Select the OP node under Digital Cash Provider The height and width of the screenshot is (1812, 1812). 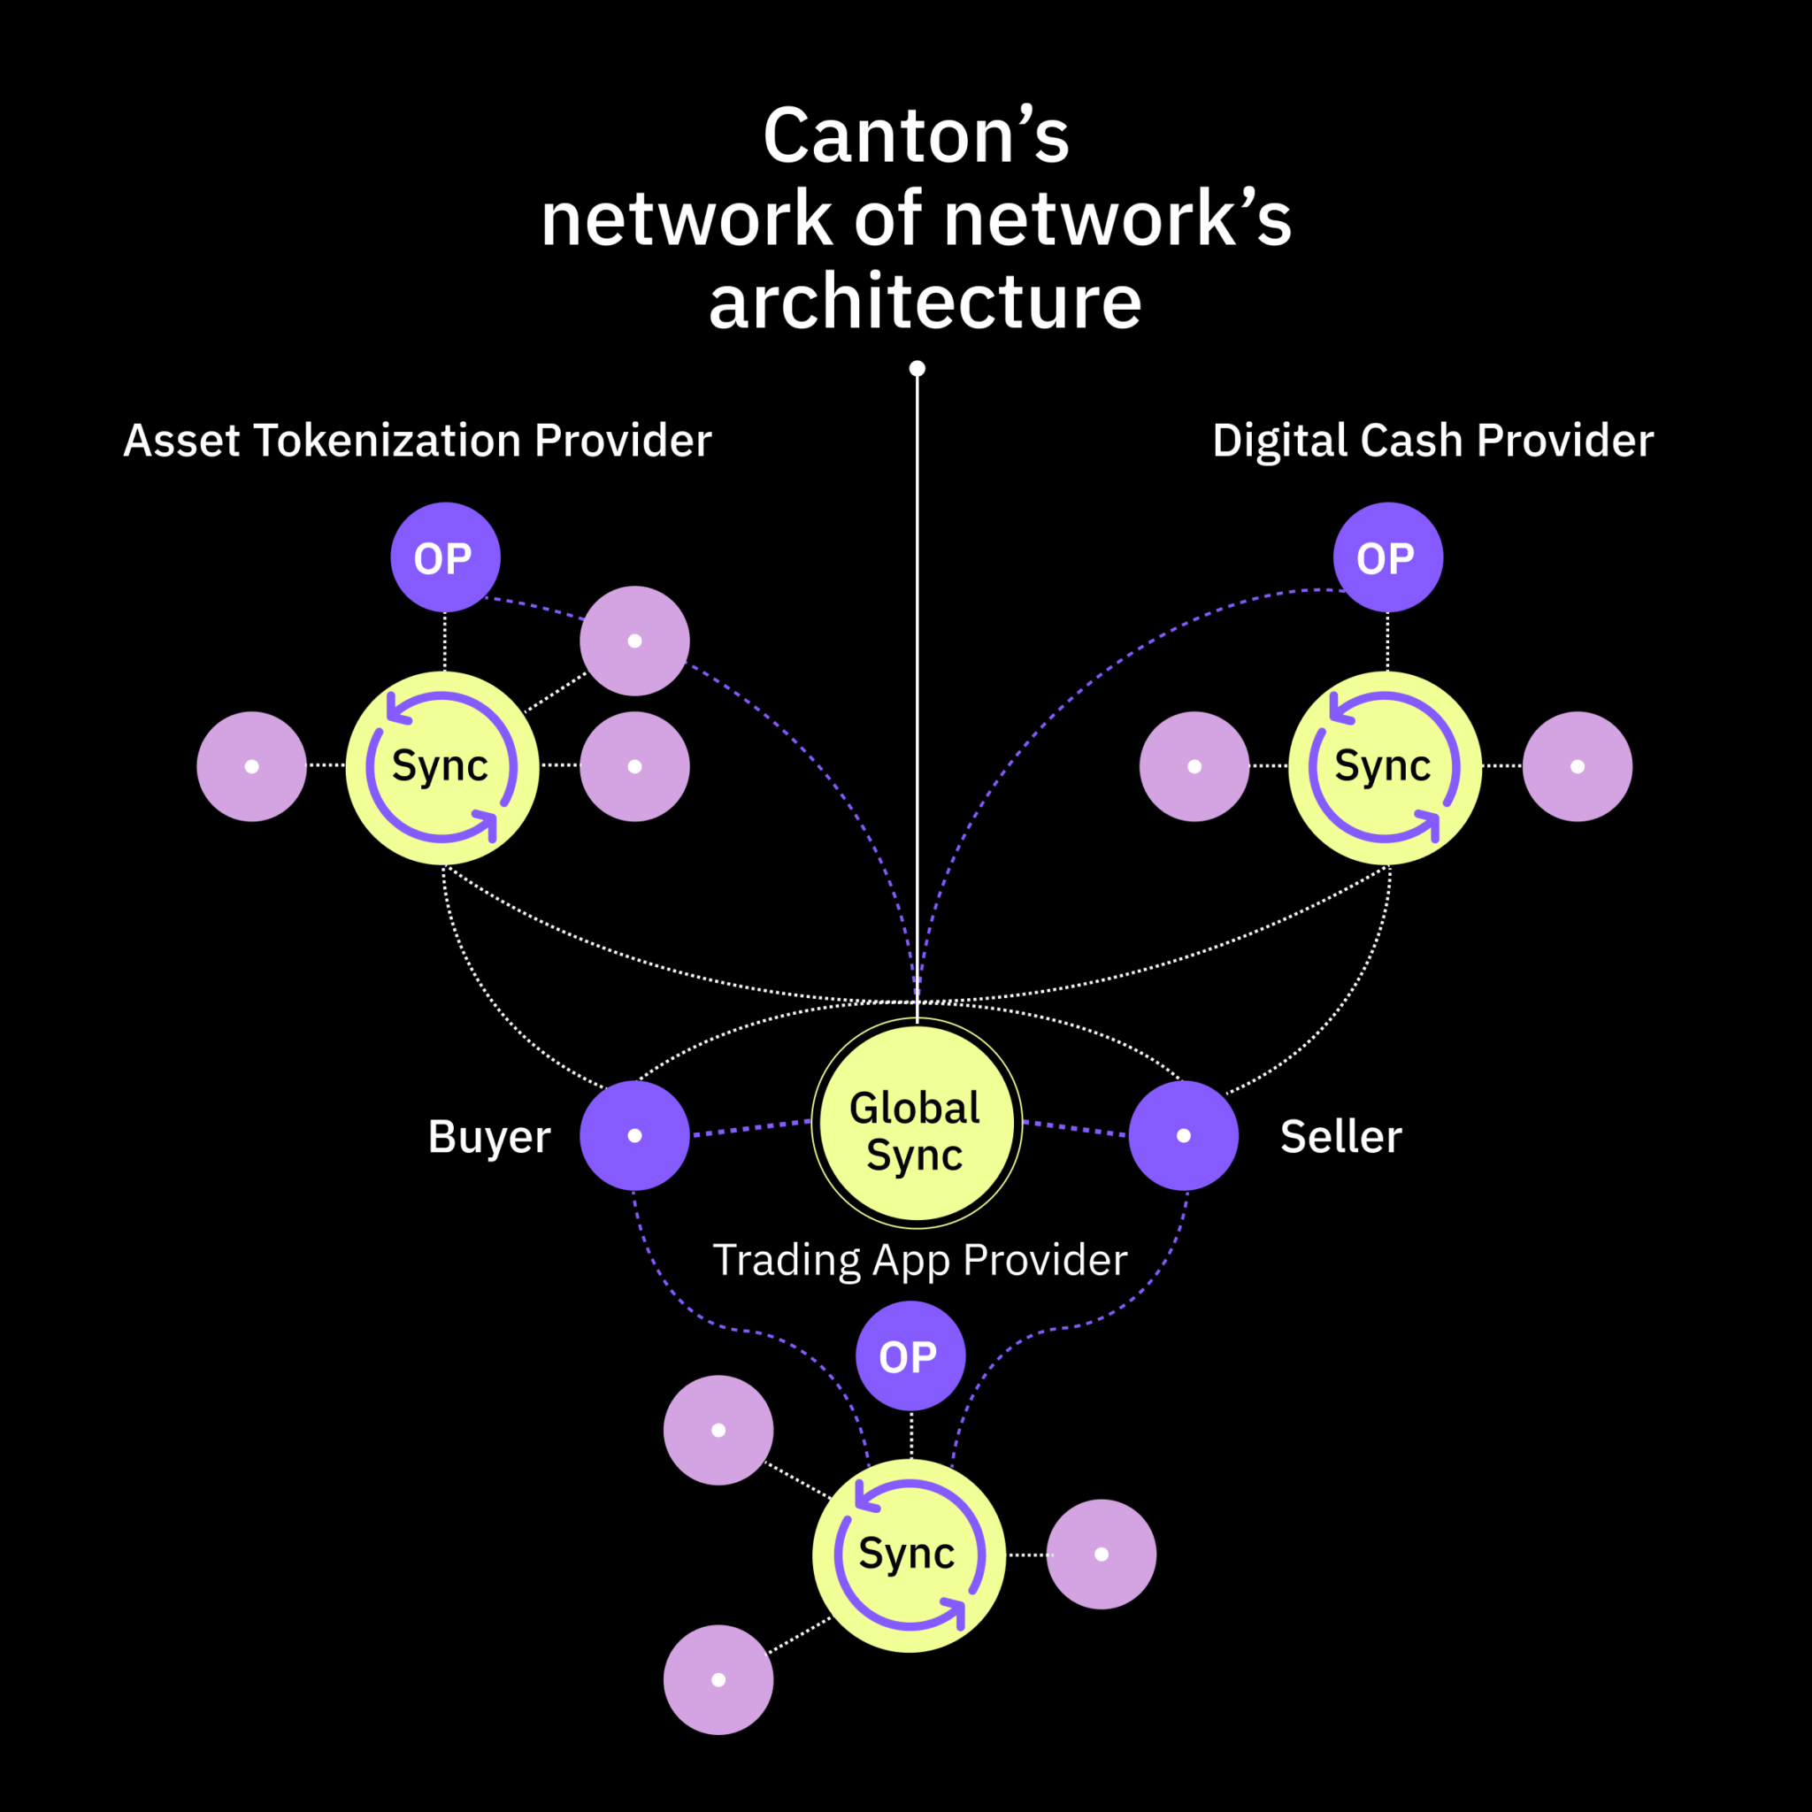point(1387,558)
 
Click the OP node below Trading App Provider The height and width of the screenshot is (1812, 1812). point(910,1356)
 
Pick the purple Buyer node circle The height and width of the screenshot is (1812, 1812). point(634,1136)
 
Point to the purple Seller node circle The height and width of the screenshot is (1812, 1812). point(1183,1136)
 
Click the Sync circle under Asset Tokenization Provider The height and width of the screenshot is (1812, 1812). point(441,767)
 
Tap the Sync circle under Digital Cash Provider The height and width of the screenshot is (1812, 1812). point(1385,767)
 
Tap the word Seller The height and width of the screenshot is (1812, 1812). point(1340,1137)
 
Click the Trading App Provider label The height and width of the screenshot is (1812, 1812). point(919,1261)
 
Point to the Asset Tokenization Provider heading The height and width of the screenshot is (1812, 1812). point(418,441)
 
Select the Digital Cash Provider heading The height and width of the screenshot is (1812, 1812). point(1432,441)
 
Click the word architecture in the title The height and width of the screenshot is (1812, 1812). point(925,302)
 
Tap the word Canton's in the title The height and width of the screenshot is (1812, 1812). point(916,137)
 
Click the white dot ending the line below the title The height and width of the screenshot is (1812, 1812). point(918,369)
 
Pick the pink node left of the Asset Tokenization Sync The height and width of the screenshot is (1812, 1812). point(251,766)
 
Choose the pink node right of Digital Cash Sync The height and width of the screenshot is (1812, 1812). point(1577,766)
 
